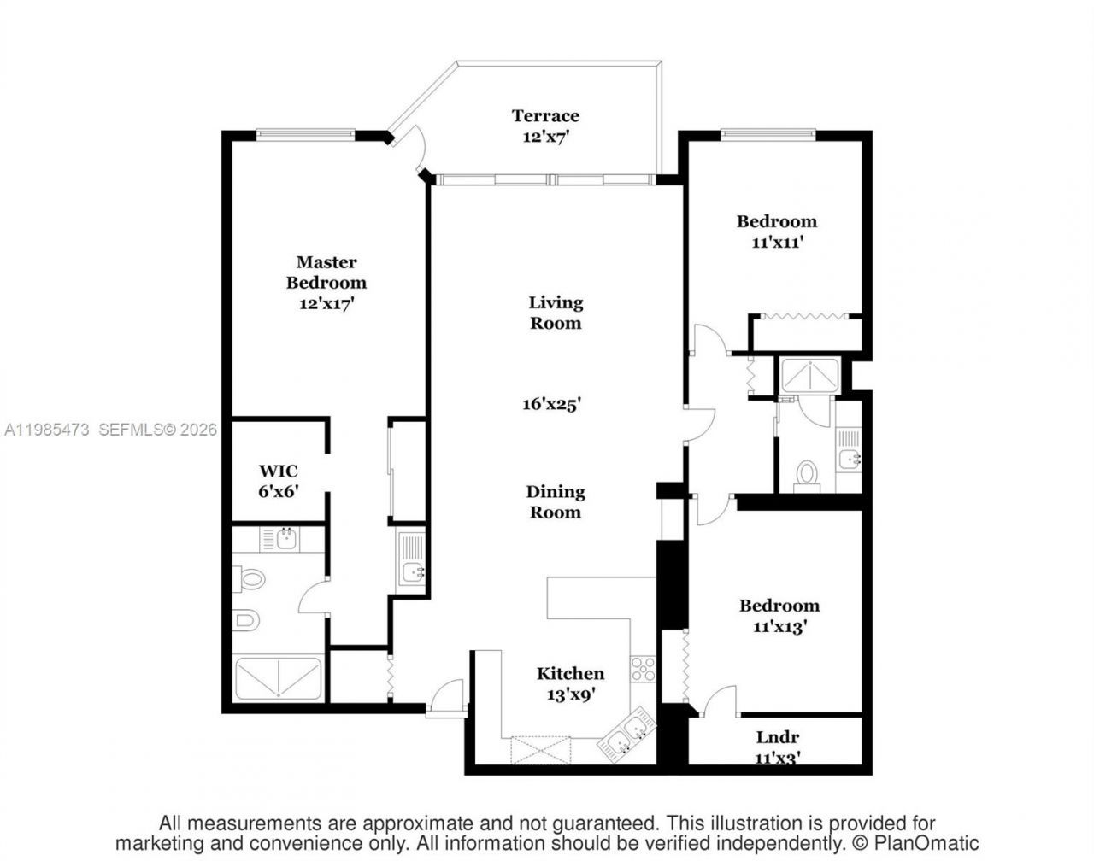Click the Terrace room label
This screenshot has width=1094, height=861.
coord(545,116)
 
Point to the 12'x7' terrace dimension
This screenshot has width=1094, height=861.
coord(545,137)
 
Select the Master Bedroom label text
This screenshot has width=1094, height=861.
coord(326,272)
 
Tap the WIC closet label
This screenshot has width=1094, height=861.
coord(279,471)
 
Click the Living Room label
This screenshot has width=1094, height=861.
coord(556,313)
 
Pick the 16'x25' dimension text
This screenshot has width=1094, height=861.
coord(552,404)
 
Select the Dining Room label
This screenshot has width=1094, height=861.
coord(556,502)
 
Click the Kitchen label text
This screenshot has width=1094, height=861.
coord(570,674)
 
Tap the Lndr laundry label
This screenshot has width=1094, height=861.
coord(778,737)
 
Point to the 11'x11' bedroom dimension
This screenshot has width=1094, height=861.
coord(777,243)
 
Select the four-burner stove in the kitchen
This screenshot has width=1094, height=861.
coord(643,668)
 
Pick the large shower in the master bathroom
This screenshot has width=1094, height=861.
coord(278,679)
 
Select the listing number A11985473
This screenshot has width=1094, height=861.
coord(47,430)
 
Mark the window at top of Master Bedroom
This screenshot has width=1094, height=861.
coord(305,134)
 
